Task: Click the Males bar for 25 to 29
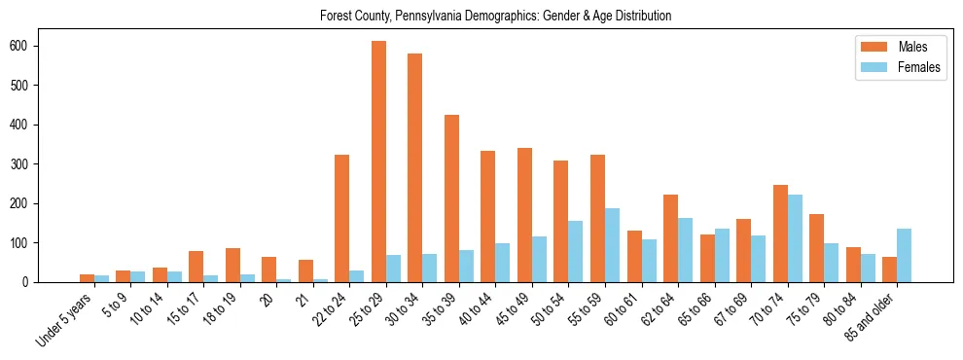pyautogui.click(x=378, y=162)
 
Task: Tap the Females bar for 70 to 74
pyautogui.click(x=795, y=238)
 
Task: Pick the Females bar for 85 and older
pyautogui.click(x=904, y=255)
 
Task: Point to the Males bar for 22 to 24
pyautogui.click(x=341, y=218)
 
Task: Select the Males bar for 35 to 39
pyautogui.click(x=451, y=198)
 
